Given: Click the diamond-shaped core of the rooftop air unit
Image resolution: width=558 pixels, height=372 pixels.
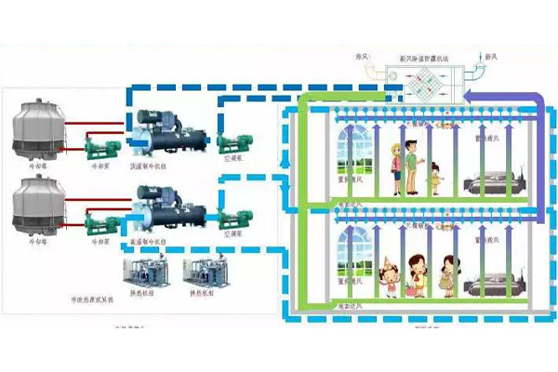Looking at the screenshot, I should click(x=429, y=79).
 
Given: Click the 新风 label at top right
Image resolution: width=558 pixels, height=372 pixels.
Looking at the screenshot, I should click(x=517, y=56).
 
